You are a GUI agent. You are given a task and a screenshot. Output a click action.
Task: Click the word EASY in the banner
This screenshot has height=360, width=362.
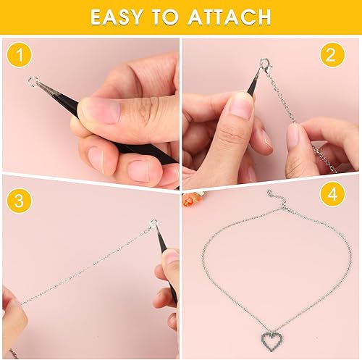tap(117, 17)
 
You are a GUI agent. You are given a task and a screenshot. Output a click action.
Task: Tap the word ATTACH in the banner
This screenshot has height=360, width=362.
tap(230, 17)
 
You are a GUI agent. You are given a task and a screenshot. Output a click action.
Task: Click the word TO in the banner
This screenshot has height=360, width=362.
tap(165, 17)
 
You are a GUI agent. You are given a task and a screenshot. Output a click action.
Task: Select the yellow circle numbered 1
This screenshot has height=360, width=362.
tap(20, 55)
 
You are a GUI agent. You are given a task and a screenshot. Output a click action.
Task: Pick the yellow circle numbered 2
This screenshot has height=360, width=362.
tap(332, 55)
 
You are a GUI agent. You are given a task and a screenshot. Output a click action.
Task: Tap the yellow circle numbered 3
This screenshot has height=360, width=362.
tap(20, 200)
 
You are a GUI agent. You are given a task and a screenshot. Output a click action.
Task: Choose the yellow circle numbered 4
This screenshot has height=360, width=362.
tap(332, 194)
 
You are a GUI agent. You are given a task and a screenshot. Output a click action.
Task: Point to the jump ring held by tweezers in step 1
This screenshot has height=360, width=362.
tap(33, 81)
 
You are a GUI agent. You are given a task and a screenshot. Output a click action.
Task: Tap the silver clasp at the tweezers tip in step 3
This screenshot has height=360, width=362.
tap(153, 224)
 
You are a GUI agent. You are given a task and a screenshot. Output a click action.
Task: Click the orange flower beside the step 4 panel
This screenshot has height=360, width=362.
tap(190, 198)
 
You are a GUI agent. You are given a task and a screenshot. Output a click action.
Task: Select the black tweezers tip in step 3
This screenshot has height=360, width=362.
tap(160, 239)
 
